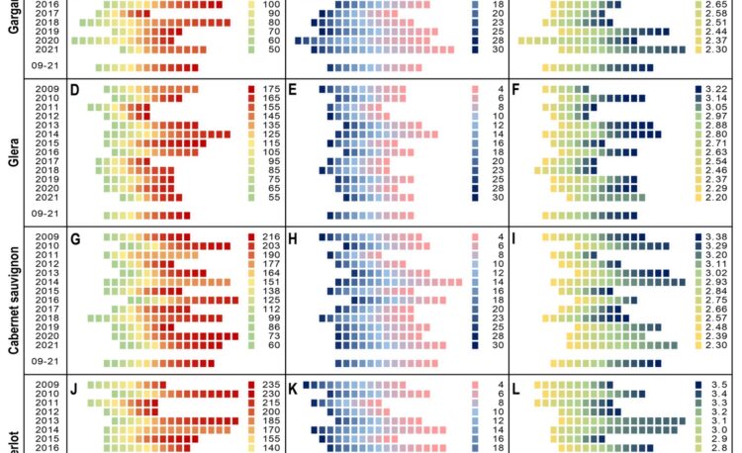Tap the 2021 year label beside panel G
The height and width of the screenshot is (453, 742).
pos(46,344)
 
